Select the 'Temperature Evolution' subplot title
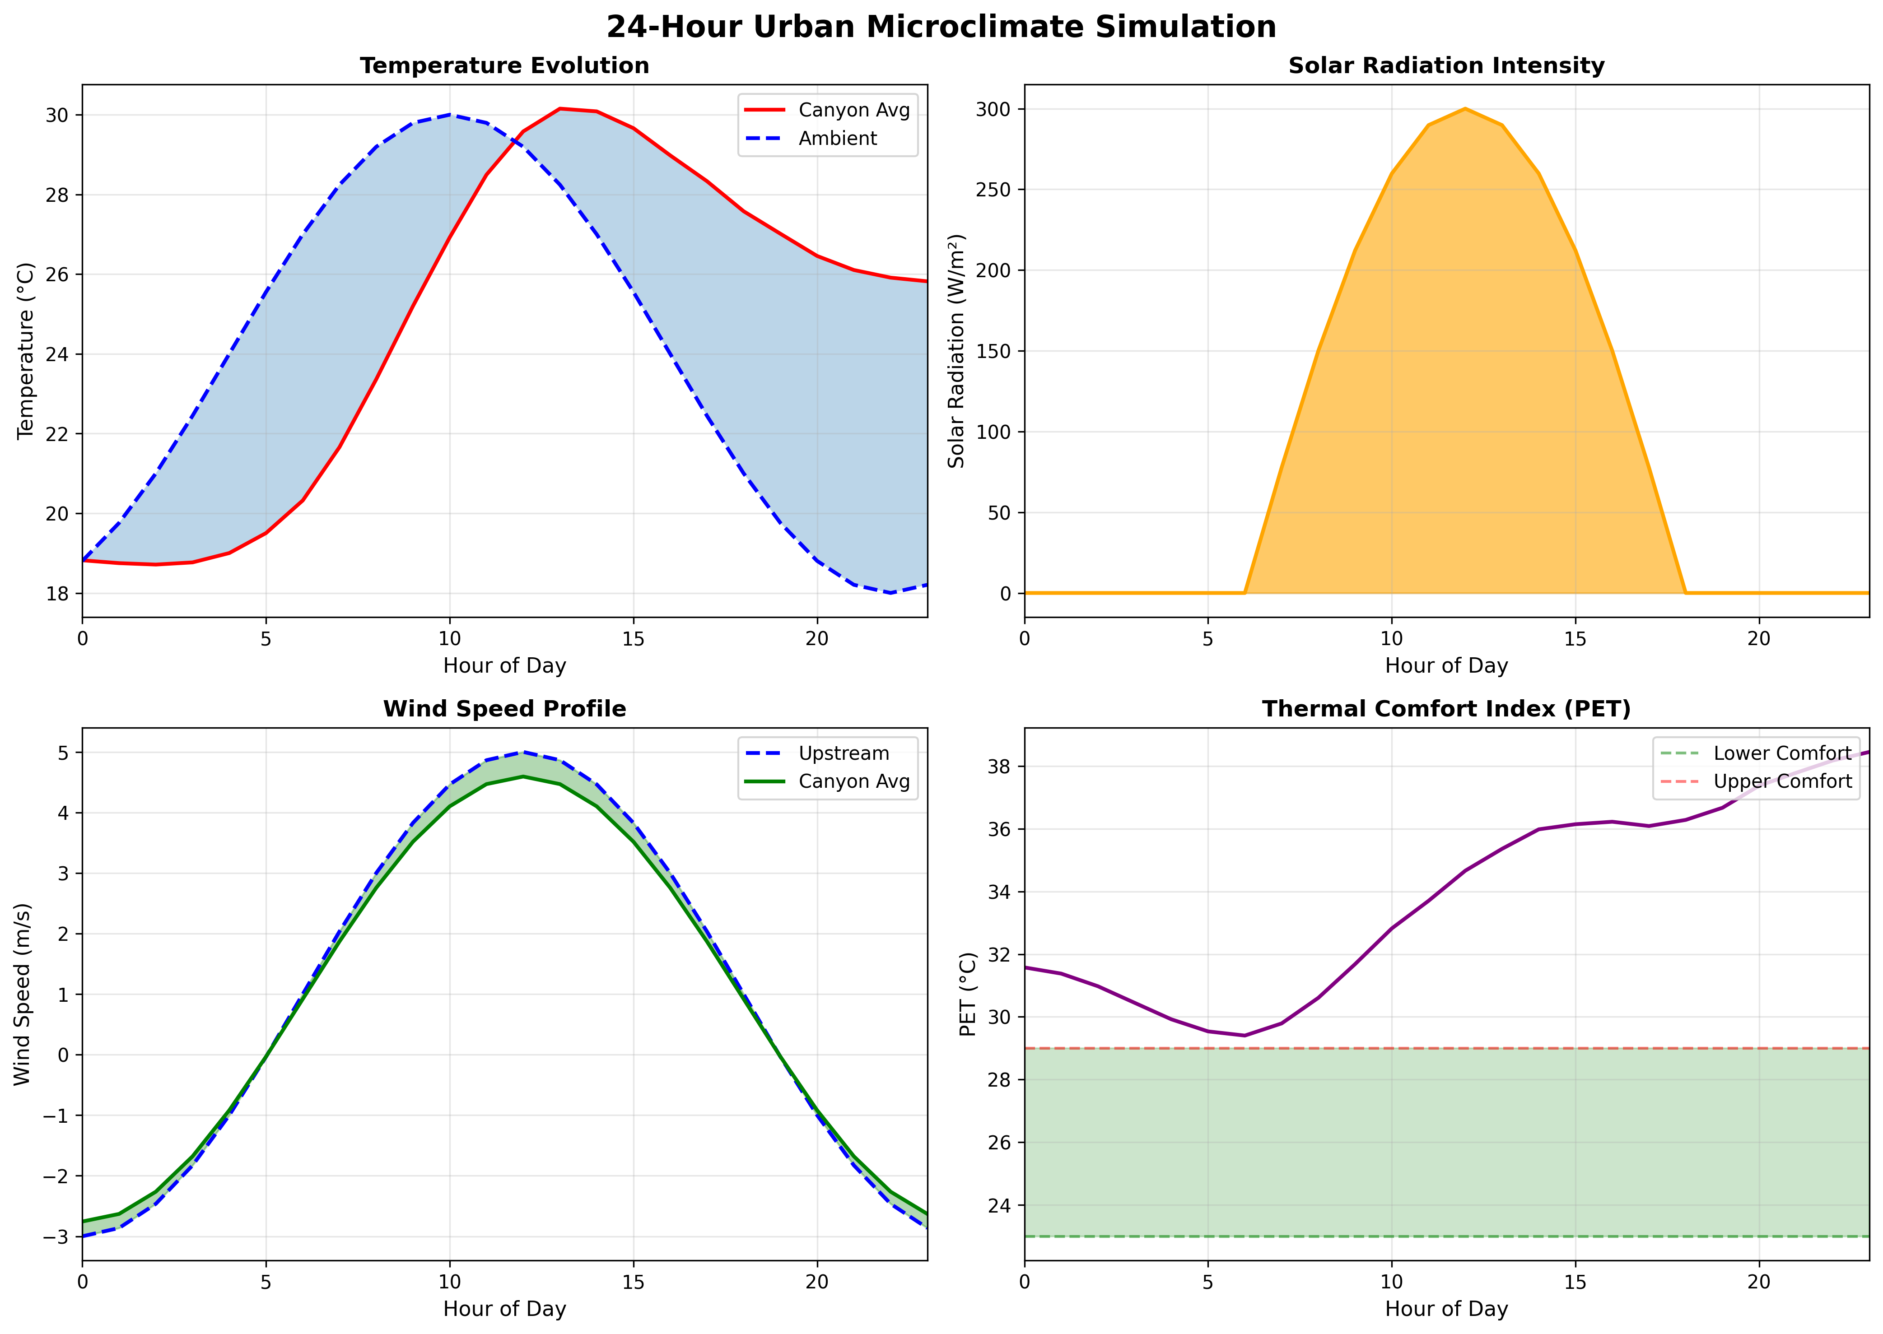(x=504, y=66)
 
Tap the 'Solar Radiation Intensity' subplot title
(x=1446, y=66)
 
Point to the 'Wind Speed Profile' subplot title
(x=504, y=709)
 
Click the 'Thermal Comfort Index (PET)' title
(x=1446, y=709)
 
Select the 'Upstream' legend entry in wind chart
(x=843, y=753)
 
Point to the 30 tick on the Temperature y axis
(x=57, y=115)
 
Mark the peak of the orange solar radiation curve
(x=1465, y=108)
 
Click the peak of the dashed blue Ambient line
(x=449, y=115)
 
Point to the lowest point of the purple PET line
(x=1244, y=1035)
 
